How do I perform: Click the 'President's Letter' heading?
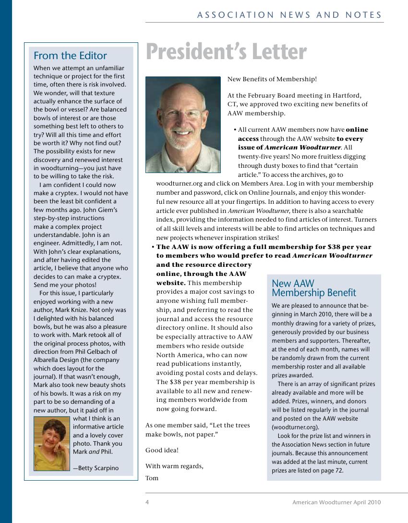tap(226, 52)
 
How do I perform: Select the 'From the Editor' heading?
tap(70, 56)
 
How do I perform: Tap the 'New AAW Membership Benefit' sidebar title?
tap(314, 288)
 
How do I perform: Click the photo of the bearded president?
tap(183, 125)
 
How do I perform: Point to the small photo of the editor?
tap(52, 444)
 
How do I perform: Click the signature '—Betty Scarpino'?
tap(96, 468)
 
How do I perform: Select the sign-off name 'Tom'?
tap(152, 478)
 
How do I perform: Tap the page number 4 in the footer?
tap(147, 502)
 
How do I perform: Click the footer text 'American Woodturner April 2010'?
tap(336, 502)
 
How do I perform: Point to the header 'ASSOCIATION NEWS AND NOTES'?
tap(289, 15)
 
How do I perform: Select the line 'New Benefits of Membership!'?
tap(272, 79)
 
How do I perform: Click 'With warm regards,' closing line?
tap(174, 466)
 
